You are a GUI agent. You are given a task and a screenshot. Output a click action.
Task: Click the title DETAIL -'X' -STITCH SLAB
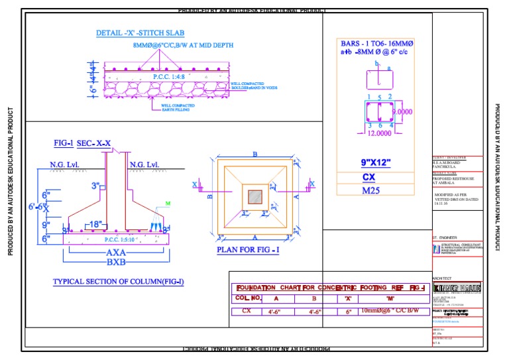140,32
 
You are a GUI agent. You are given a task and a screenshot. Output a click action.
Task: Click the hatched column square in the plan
255,196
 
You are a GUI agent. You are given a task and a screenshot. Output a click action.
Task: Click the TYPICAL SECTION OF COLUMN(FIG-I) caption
119,282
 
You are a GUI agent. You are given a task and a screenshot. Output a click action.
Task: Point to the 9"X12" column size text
376,162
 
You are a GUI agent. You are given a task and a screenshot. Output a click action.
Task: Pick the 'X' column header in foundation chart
349,298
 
